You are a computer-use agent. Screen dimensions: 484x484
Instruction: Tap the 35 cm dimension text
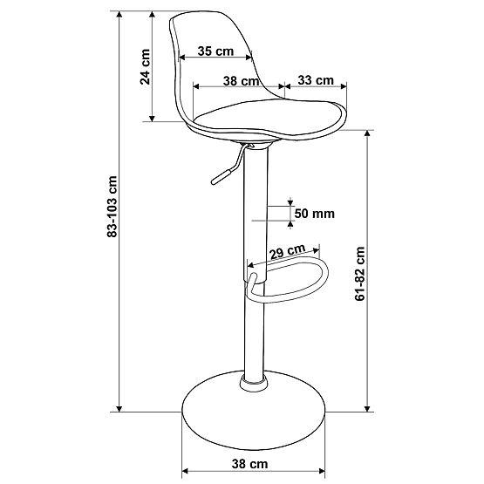tap(215, 51)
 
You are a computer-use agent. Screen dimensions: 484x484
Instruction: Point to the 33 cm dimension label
tap(316, 80)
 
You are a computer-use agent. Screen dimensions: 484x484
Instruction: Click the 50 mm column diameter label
tap(314, 213)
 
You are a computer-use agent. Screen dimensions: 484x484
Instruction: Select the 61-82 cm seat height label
tap(361, 272)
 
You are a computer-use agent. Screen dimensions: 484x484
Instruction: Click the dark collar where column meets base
tap(252, 381)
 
